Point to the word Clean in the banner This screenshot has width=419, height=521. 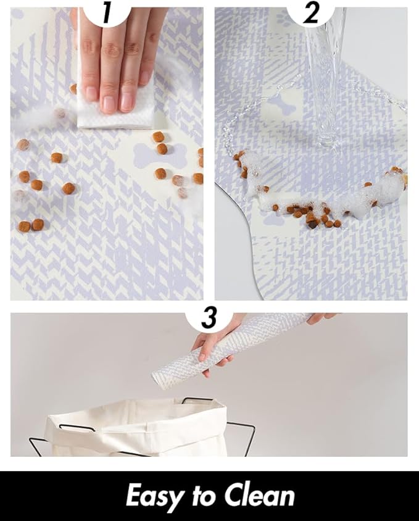coord(259,496)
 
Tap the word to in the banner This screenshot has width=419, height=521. coord(204,496)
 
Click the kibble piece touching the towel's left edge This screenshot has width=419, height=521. coord(73,89)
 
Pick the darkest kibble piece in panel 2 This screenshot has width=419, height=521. coord(313,225)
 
